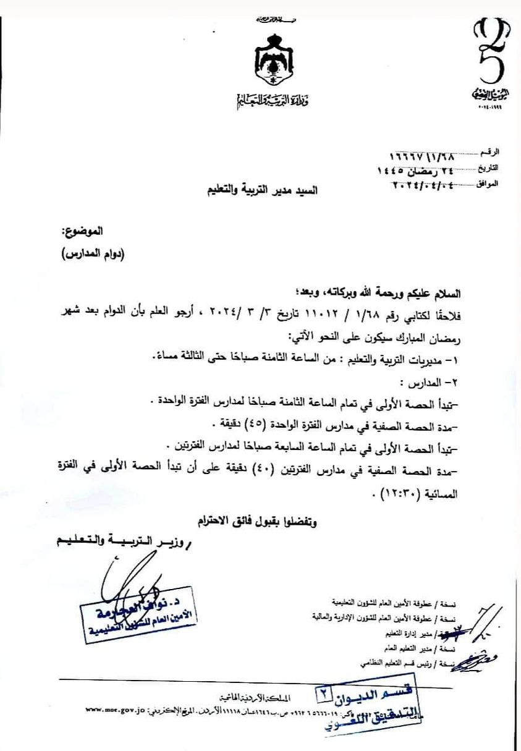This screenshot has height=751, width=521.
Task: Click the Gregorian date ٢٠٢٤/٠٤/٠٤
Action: pos(420,184)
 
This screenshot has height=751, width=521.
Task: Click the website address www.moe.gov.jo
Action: pos(115,709)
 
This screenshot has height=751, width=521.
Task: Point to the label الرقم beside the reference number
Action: pos(491,151)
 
